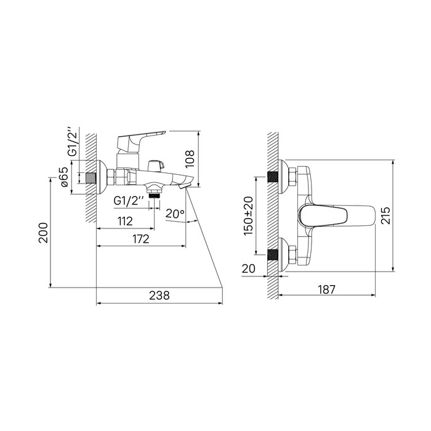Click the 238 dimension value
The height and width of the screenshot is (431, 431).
point(159,295)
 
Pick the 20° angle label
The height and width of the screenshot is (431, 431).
point(175,213)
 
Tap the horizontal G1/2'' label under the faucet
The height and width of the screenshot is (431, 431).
point(129,200)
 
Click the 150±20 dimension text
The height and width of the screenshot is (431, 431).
point(248,216)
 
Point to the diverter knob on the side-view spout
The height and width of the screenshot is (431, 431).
point(157,165)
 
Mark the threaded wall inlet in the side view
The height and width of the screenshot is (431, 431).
point(93,179)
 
